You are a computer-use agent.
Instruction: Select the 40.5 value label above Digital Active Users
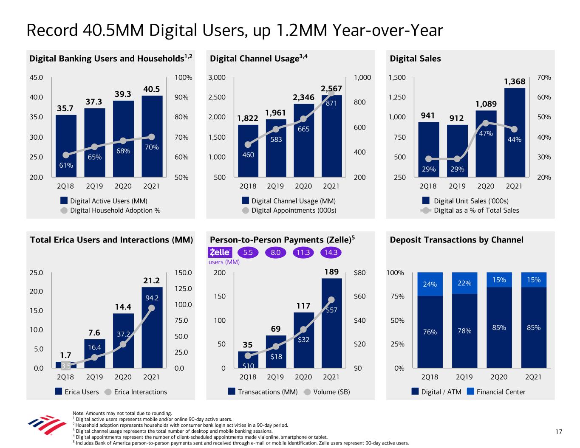(x=152, y=89)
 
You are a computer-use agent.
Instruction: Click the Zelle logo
(x=220, y=252)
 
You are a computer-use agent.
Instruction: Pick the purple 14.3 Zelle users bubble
(x=331, y=252)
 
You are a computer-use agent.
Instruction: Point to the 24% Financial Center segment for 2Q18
(x=430, y=284)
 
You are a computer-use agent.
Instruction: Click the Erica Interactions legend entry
(x=136, y=392)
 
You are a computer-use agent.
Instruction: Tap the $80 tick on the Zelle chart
(x=359, y=273)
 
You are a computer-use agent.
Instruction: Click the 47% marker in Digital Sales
(x=486, y=123)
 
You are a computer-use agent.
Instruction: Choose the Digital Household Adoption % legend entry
(x=110, y=210)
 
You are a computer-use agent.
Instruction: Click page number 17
(x=558, y=432)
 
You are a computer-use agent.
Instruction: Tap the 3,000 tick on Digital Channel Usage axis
(x=217, y=78)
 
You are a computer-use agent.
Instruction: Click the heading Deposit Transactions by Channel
(x=456, y=240)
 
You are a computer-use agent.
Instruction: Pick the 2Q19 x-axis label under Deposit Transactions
(x=464, y=377)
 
